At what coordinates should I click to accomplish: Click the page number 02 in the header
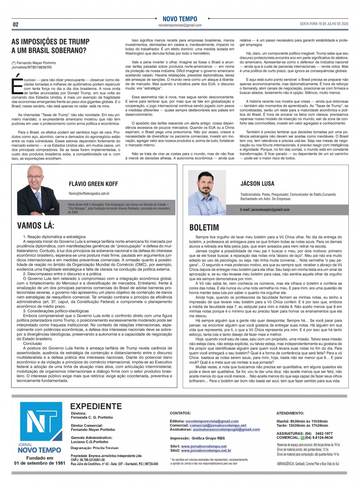[x=16, y=24]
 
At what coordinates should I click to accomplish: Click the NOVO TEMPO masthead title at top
[x=180, y=19]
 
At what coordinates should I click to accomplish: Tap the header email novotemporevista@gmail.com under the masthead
[x=180, y=26]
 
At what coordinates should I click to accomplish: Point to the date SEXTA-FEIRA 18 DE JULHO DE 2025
[x=324, y=24]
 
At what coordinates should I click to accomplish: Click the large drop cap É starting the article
[x=17, y=86]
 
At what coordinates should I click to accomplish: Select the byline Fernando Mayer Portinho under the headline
[x=36, y=63]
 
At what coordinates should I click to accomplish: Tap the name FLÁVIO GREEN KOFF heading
[x=93, y=184]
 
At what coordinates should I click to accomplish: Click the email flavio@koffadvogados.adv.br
[x=89, y=194]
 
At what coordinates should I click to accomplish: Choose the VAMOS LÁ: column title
[x=36, y=225]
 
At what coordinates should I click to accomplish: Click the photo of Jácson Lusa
[x=205, y=192]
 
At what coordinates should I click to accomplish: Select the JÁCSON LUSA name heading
[x=257, y=184]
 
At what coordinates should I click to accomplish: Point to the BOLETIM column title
[x=204, y=228]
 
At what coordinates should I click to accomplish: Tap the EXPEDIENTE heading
[x=96, y=406]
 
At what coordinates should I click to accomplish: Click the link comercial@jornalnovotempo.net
[x=218, y=425]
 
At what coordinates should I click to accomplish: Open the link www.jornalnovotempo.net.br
[x=206, y=451]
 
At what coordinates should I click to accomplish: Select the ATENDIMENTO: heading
[x=290, y=413]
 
